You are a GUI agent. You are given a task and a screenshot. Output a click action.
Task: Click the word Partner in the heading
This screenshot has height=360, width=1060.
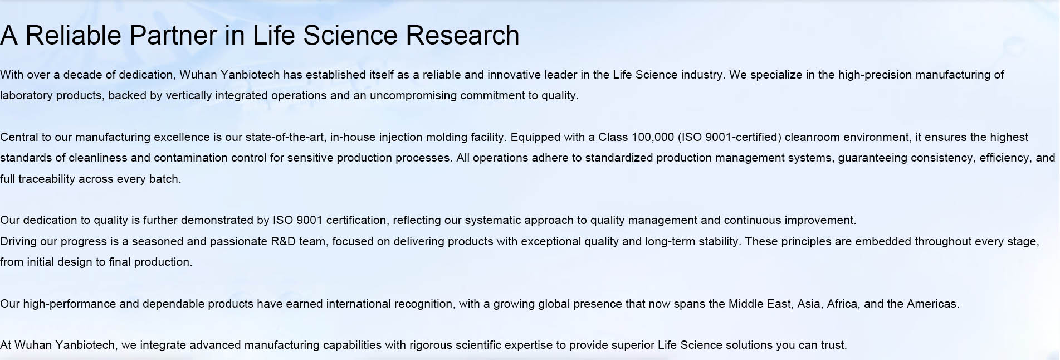click(173, 35)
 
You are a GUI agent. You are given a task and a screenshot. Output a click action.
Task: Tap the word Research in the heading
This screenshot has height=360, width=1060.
click(462, 35)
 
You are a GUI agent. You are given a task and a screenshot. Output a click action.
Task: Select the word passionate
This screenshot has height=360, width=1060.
click(238, 241)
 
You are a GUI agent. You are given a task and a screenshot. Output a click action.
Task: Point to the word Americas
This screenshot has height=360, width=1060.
click(933, 304)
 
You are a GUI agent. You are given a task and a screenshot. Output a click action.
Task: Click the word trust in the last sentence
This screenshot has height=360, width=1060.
click(833, 345)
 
